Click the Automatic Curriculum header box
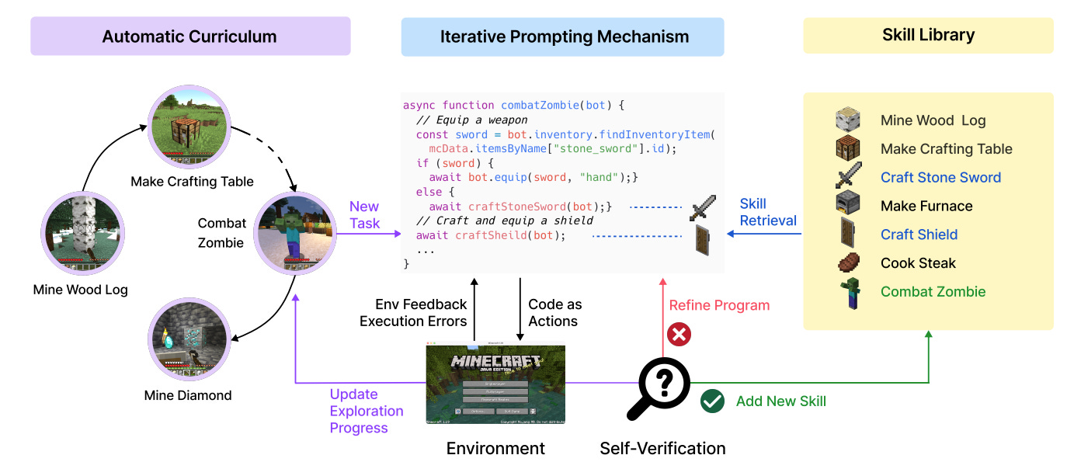click(x=190, y=36)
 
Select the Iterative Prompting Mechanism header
click(x=562, y=36)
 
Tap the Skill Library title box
click(x=928, y=35)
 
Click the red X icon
click(x=679, y=335)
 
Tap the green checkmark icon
click(x=712, y=401)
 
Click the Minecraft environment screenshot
click(x=495, y=385)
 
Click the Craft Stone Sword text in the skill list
click(x=940, y=178)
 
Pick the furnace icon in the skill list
click(x=848, y=205)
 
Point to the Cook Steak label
click(x=918, y=263)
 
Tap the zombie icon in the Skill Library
click(x=849, y=293)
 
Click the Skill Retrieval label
click(x=767, y=212)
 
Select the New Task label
click(x=364, y=215)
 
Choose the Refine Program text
click(x=719, y=305)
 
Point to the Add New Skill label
click(x=780, y=401)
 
